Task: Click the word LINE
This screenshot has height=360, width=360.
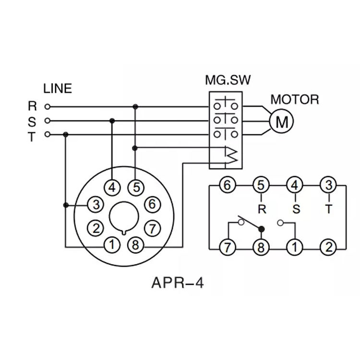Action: (x=57, y=88)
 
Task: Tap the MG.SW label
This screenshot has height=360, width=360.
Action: (x=228, y=80)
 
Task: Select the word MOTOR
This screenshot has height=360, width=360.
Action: (x=295, y=100)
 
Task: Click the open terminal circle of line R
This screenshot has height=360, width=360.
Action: (x=47, y=106)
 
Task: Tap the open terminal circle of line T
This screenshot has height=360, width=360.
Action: (x=47, y=134)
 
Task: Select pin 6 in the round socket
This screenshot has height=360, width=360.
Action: (x=152, y=204)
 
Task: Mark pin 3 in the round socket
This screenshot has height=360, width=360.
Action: (x=97, y=205)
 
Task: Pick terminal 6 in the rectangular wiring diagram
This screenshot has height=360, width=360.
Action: (x=227, y=185)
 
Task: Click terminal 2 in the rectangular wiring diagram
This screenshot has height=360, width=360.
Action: (x=328, y=248)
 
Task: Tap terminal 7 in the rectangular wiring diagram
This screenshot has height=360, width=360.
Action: (x=227, y=248)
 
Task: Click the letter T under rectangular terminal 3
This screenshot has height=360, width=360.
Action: (x=328, y=209)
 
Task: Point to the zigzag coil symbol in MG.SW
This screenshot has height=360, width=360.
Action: (x=232, y=155)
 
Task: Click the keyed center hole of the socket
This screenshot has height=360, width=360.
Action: (x=124, y=218)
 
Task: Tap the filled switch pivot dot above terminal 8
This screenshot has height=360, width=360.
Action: (x=262, y=228)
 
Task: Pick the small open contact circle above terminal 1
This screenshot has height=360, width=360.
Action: (x=281, y=222)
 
